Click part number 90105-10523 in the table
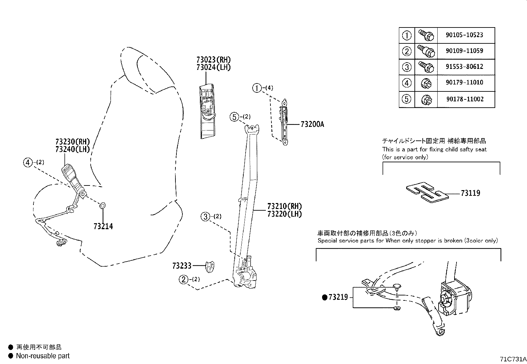click(464, 35)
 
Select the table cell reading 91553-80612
click(464, 67)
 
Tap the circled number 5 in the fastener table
click(407, 99)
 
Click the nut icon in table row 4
click(426, 83)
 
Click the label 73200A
click(312, 125)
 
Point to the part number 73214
click(103, 227)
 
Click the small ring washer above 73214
click(103, 206)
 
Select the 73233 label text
click(182, 266)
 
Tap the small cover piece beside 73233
click(209, 266)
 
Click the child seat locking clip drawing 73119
click(427, 192)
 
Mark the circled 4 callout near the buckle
click(28, 162)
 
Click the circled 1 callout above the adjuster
click(257, 88)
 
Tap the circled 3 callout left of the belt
click(205, 217)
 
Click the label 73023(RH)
click(213, 60)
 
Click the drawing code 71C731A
click(512, 359)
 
